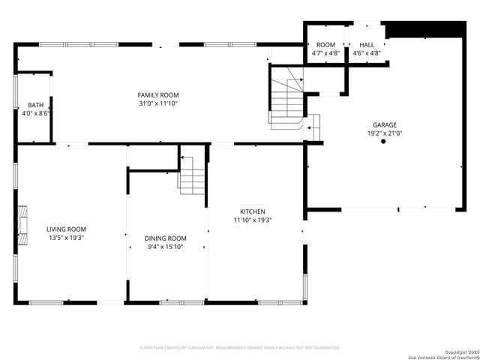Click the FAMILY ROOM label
[157, 95]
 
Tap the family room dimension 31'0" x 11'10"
[157, 103]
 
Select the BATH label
[35, 105]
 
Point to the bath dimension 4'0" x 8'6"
[35, 113]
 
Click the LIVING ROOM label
[66, 229]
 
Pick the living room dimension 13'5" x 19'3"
[66, 238]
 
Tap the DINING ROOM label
[165, 238]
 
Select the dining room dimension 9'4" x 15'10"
[165, 246]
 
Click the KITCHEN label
[252, 211]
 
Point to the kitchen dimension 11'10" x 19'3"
[252, 220]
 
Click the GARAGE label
[385, 125]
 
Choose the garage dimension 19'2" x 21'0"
[385, 133]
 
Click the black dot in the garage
[383, 141]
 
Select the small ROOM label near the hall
[325, 45]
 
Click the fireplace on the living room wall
[23, 221]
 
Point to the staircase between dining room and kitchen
[192, 178]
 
